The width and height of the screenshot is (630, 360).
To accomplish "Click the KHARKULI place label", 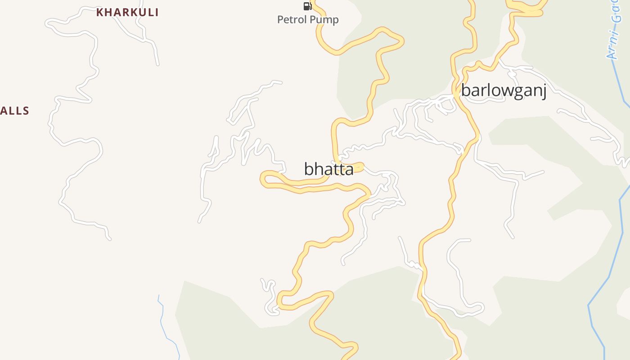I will [127, 12].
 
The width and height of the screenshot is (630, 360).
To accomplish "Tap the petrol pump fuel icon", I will [307, 6].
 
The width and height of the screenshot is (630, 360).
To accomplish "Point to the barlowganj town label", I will [504, 91].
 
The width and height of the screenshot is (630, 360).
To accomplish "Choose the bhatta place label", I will [329, 169].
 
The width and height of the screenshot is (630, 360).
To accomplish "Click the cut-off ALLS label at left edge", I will [14, 111].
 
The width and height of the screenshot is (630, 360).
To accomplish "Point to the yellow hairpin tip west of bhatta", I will [263, 179].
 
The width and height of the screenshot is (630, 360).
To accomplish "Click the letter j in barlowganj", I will [544, 92].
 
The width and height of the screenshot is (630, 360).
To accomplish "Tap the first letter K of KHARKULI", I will [100, 12].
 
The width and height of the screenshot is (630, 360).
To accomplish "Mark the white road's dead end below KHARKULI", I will [157, 64].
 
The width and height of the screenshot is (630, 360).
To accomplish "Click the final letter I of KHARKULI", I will [157, 12].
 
